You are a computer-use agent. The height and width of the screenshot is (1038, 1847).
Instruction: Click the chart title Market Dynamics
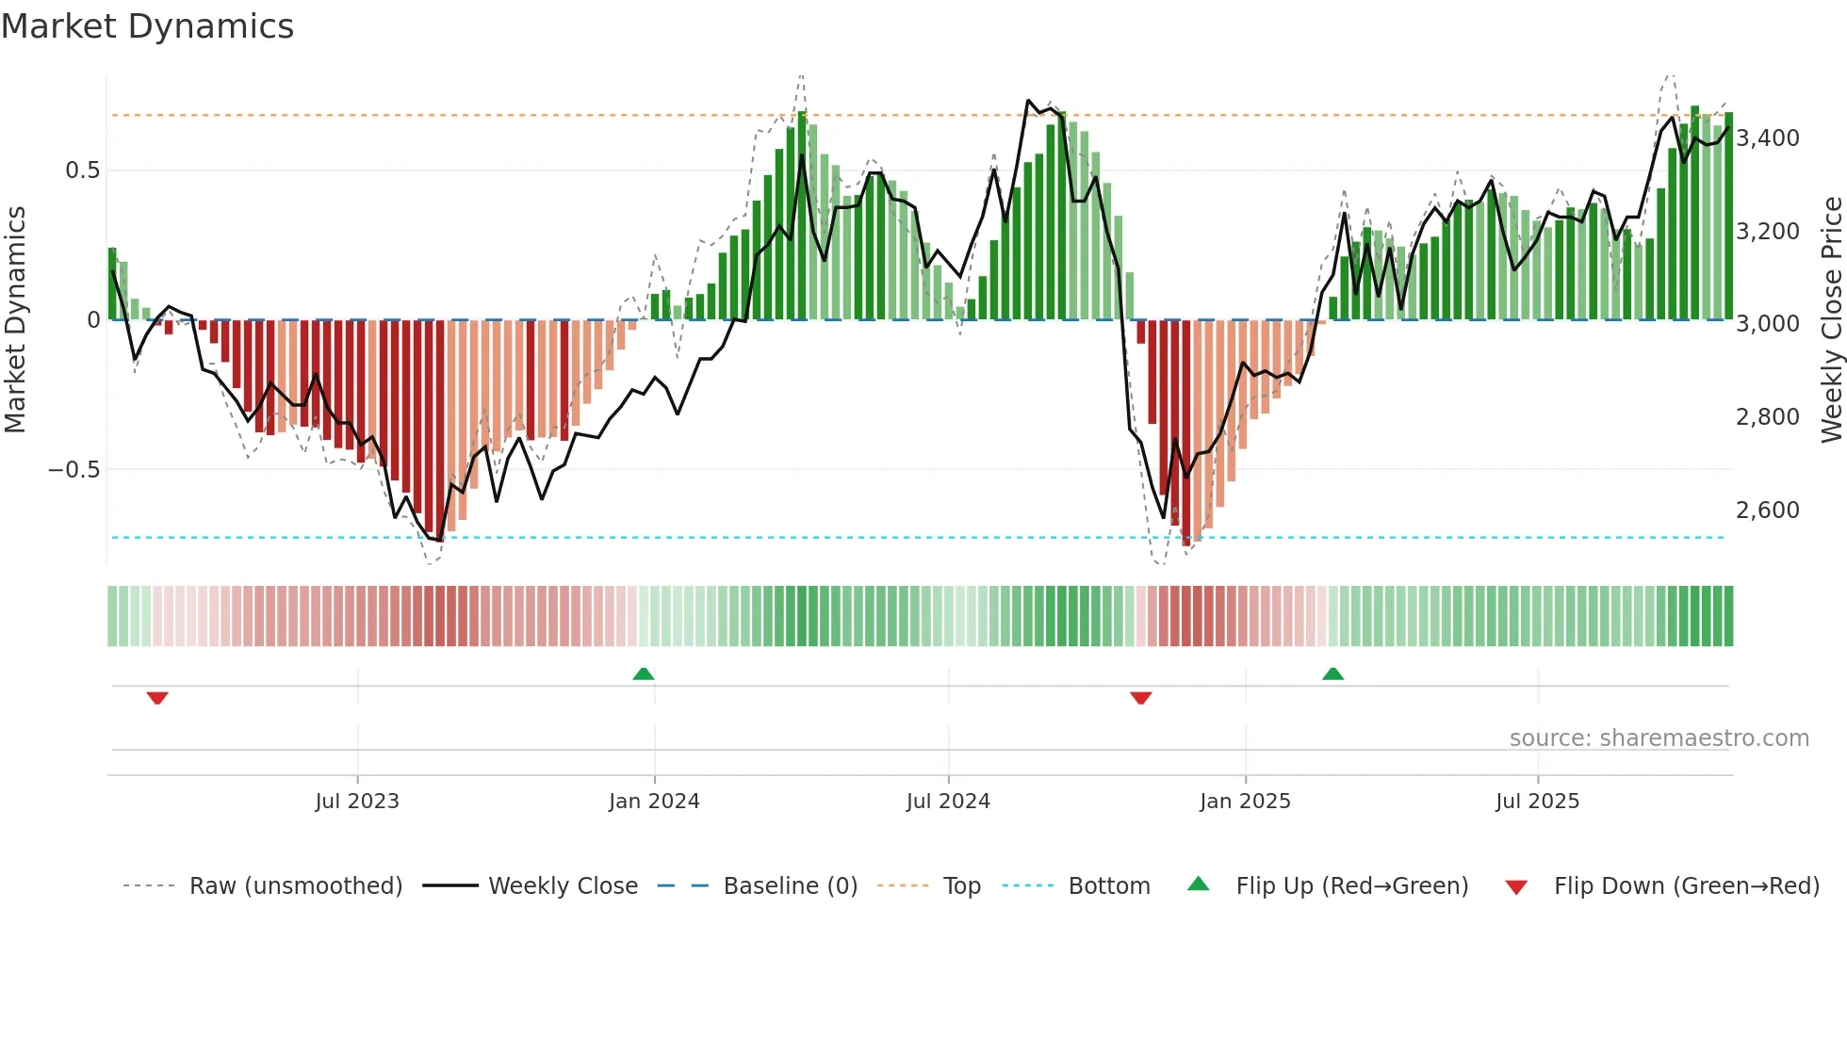click(147, 26)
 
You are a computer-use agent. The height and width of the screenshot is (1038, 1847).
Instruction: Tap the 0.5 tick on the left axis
click(82, 170)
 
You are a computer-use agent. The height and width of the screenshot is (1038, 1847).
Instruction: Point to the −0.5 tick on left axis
click(74, 470)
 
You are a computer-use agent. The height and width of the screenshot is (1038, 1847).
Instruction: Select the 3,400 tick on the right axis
click(1768, 138)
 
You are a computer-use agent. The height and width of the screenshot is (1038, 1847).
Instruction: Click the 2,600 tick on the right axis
click(1768, 511)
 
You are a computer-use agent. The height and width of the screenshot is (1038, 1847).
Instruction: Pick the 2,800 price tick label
click(1768, 417)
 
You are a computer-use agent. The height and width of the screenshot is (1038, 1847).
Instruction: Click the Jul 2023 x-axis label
click(357, 802)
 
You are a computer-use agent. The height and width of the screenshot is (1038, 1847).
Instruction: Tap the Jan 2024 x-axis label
click(654, 802)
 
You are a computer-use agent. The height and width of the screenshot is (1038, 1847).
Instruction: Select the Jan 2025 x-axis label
click(1245, 802)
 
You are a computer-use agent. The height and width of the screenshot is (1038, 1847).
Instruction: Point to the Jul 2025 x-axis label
click(1537, 802)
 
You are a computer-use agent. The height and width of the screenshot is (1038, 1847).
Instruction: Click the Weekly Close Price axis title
click(1831, 319)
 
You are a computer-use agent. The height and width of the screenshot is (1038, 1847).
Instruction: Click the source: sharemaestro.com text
click(1659, 738)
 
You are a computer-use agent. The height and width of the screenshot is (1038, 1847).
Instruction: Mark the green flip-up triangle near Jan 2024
click(644, 673)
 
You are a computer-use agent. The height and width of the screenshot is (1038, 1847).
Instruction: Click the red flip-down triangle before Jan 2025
click(1140, 697)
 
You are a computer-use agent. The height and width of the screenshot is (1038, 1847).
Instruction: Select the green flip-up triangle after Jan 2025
click(1332, 673)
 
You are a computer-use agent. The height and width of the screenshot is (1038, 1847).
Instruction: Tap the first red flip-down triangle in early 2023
click(157, 697)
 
